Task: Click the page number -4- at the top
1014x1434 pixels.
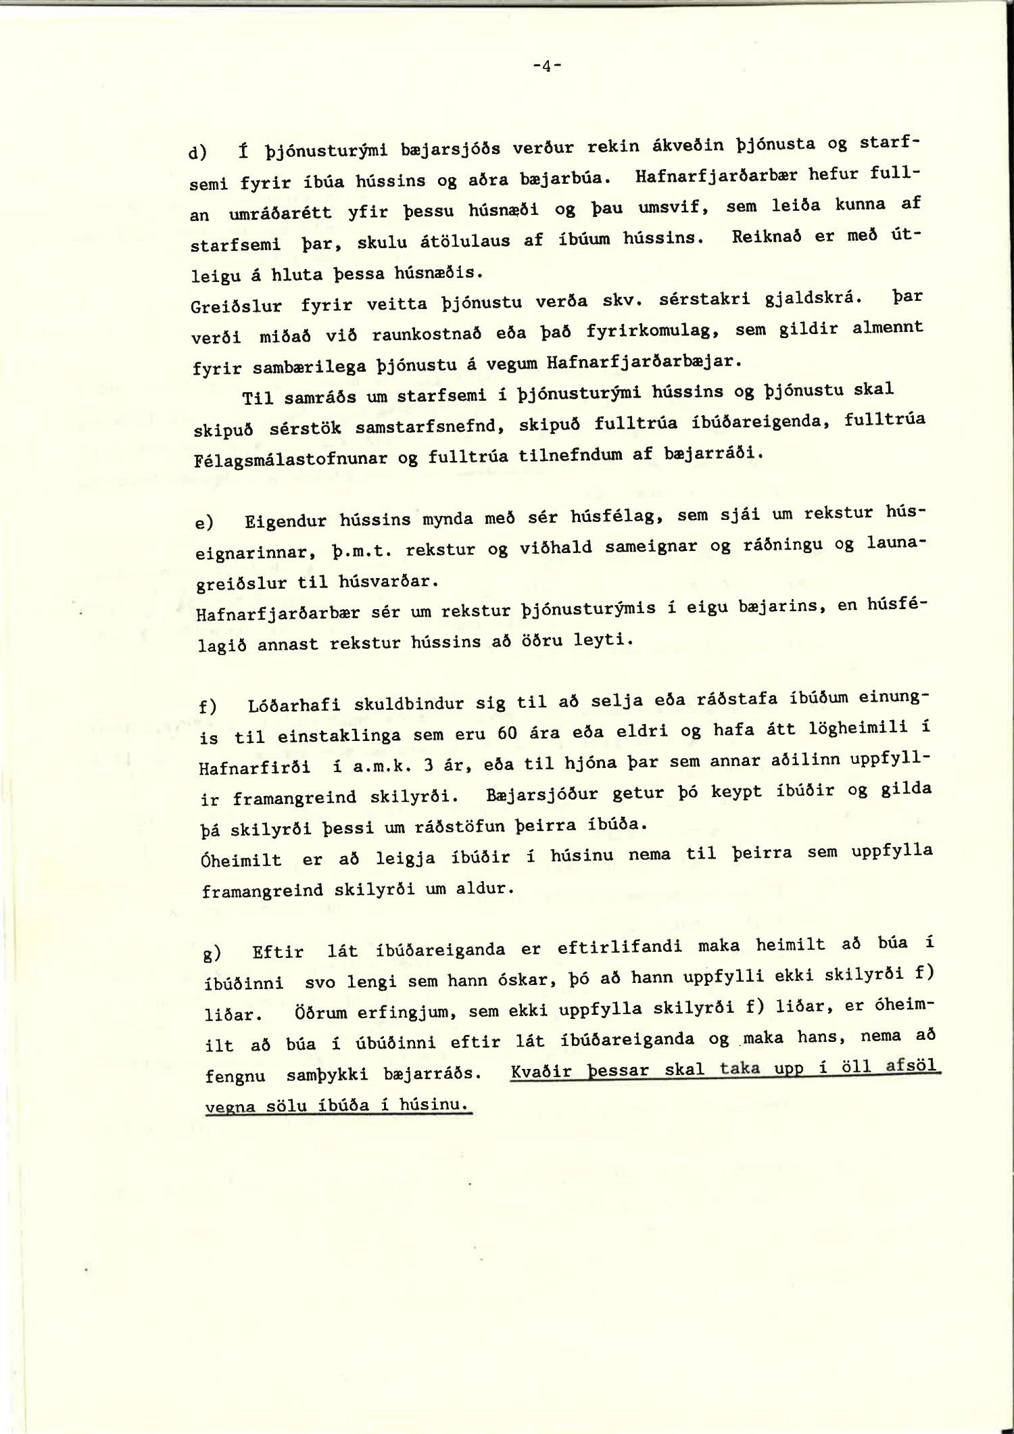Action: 547,66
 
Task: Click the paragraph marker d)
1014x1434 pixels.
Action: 199,153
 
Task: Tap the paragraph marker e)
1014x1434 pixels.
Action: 204,523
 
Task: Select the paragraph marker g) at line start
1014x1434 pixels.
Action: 211,954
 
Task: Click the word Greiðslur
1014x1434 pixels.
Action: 236,306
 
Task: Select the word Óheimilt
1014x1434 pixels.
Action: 241,861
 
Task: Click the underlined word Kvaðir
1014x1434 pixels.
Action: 542,1072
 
